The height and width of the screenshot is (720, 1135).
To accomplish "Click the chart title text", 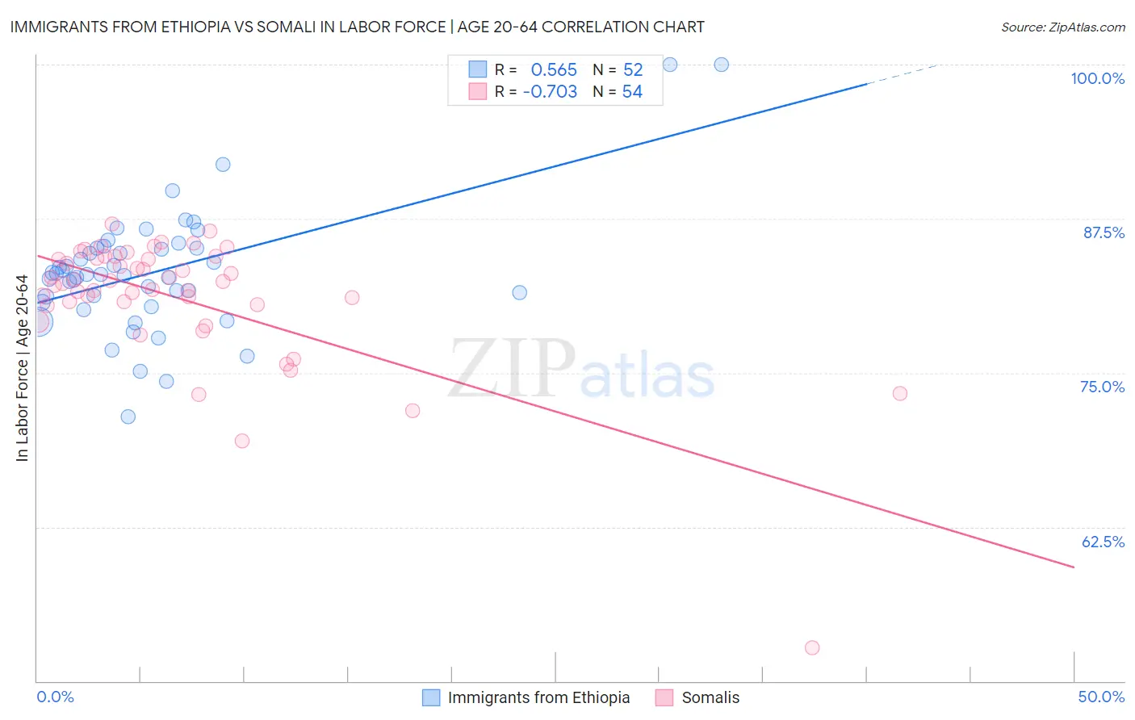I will (x=357, y=27).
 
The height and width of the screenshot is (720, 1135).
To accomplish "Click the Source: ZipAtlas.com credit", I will (x=1062, y=27).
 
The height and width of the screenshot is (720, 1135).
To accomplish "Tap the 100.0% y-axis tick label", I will (x=1097, y=78).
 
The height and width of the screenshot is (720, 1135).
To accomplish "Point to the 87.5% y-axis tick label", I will (x=1103, y=232).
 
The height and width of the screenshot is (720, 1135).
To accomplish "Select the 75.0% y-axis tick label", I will (x=1102, y=387).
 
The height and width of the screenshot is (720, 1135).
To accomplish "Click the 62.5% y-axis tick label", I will (x=1103, y=542).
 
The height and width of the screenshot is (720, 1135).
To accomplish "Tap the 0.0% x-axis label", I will (x=55, y=697).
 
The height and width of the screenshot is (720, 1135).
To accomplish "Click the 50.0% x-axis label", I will (x=1101, y=697).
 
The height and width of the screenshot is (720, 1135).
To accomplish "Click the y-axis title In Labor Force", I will (x=22, y=368).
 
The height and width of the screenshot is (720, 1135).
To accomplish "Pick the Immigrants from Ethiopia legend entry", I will (x=526, y=697).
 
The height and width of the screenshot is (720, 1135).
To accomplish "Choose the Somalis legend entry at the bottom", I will (x=697, y=697).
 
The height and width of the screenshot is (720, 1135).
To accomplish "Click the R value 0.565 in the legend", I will (x=554, y=70).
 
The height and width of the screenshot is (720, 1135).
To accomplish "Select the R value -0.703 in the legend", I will (x=550, y=92).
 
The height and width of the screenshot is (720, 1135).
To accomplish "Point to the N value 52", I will (x=633, y=70).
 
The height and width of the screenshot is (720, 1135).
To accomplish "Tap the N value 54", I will (x=632, y=92).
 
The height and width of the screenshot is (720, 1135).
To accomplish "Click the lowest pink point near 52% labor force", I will (x=812, y=647).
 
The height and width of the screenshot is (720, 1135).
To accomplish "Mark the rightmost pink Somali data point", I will (x=900, y=393).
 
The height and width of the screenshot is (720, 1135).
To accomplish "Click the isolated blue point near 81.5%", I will (x=520, y=292).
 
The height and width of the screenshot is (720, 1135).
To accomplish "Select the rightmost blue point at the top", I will (x=722, y=65).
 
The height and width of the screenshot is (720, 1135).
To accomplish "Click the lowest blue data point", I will (x=128, y=417).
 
